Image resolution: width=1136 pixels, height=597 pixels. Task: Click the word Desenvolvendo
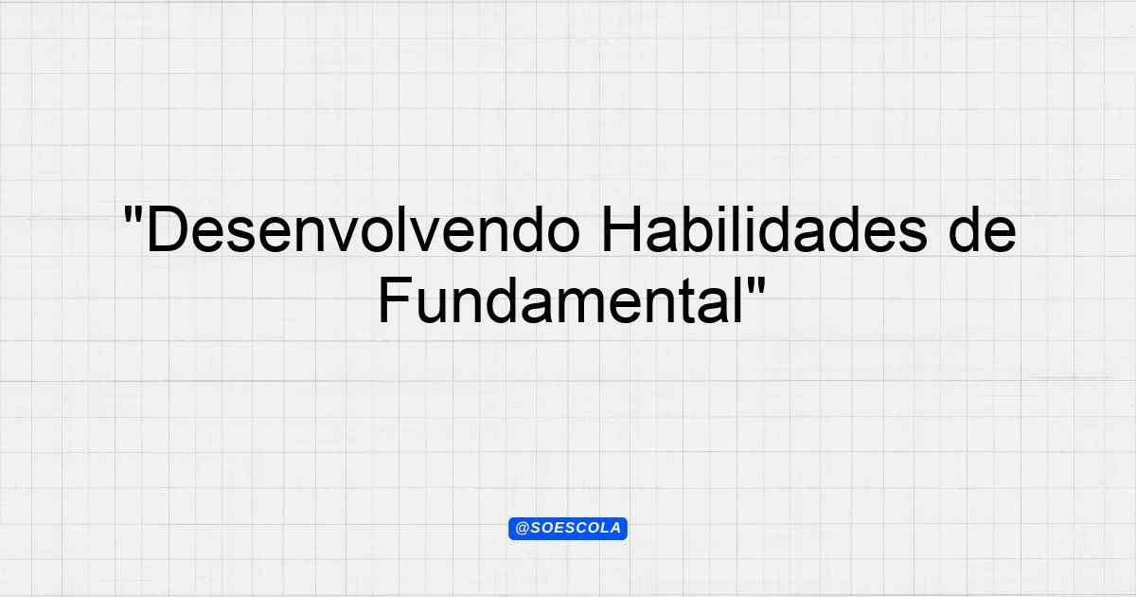click(364, 229)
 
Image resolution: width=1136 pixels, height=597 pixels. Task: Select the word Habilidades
click(764, 229)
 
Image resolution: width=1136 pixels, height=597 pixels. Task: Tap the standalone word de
click(982, 229)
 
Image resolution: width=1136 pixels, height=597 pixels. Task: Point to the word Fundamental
click(561, 299)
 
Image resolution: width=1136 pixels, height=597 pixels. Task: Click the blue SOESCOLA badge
click(568, 529)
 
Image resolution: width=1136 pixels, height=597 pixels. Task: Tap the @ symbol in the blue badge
click(522, 529)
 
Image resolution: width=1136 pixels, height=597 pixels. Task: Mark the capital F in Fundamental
click(396, 300)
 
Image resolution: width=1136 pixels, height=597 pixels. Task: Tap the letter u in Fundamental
click(432, 307)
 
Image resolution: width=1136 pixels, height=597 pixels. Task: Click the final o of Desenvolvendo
click(563, 236)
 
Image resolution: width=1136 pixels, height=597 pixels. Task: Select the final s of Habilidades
click(912, 236)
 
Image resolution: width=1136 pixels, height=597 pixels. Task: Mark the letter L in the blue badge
click(604, 529)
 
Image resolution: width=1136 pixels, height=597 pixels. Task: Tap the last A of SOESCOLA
click(615, 529)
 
